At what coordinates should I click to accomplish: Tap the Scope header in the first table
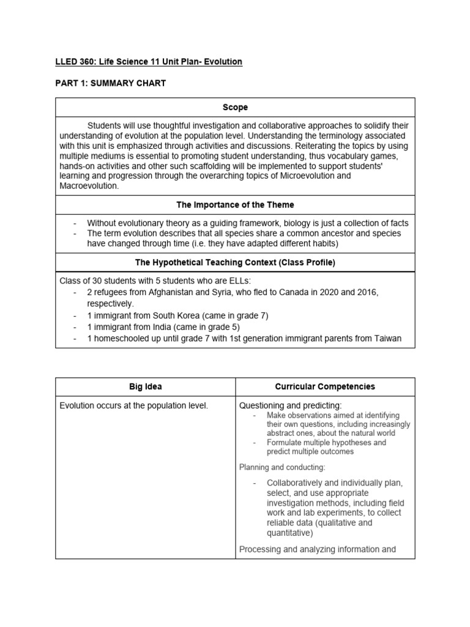[235, 107]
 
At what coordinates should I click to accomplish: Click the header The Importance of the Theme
[235, 205]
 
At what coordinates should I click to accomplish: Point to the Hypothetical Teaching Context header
[235, 263]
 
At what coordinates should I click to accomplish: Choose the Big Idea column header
[145, 387]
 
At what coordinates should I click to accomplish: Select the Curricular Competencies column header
[325, 387]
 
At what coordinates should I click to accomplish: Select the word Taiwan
[386, 339]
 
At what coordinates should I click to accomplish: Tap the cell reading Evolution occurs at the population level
[133, 405]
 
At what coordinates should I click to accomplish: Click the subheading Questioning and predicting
[291, 405]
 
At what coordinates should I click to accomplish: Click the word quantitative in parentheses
[290, 533]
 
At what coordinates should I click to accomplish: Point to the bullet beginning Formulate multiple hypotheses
[326, 442]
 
